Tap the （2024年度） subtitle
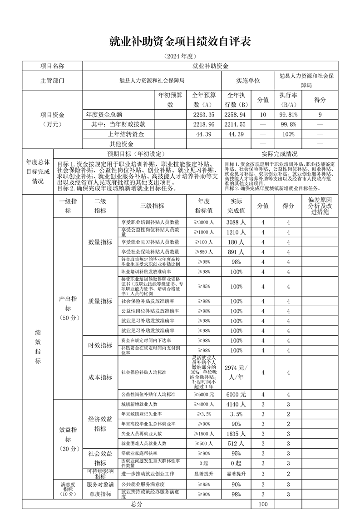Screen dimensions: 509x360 pyautogui.click(x=180, y=56)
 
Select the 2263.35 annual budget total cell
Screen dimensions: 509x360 pyautogui.click(x=203, y=115)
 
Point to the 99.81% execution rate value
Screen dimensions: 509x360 pyautogui.click(x=288, y=115)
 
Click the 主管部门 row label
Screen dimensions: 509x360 pyautogui.click(x=52, y=80)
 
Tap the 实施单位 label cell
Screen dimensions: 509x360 pyautogui.click(x=248, y=80)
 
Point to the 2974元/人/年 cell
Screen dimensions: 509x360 pyautogui.click(x=236, y=372)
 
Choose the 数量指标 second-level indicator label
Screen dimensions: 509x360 pyautogui.click(x=100, y=242)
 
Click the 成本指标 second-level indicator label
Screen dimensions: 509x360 pyautogui.click(x=100, y=377)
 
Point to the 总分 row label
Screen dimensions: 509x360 pyautogui.click(x=137, y=504)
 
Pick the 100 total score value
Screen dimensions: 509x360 pyautogui.click(x=263, y=504)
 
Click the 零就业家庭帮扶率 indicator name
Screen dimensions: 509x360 pyautogui.click(x=140, y=453)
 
